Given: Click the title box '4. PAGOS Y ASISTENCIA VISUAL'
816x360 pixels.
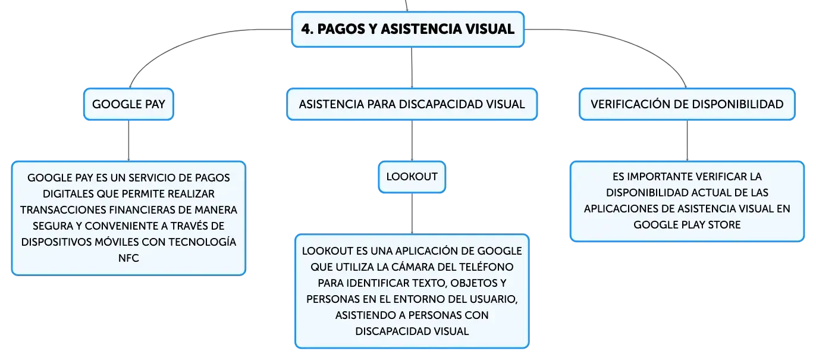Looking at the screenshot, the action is [x=407, y=29].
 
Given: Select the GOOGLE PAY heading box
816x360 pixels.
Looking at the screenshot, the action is [x=128, y=104].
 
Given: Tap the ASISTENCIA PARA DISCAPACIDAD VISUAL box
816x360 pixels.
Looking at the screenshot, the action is [x=412, y=104].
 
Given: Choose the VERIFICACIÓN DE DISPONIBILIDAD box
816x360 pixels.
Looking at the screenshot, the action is [x=687, y=104].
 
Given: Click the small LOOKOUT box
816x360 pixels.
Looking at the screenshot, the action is [x=412, y=177].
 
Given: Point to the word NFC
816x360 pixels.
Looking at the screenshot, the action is [x=128, y=258].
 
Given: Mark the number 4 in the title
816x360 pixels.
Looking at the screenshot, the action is [x=306, y=29].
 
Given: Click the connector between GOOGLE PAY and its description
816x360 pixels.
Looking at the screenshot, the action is [x=128, y=140].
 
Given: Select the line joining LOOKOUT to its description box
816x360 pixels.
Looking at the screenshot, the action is [x=412, y=214].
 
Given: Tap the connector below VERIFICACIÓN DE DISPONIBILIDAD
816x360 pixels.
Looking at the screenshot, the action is [x=687, y=140].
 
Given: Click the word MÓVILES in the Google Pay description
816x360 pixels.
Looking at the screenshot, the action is [x=115, y=242].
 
